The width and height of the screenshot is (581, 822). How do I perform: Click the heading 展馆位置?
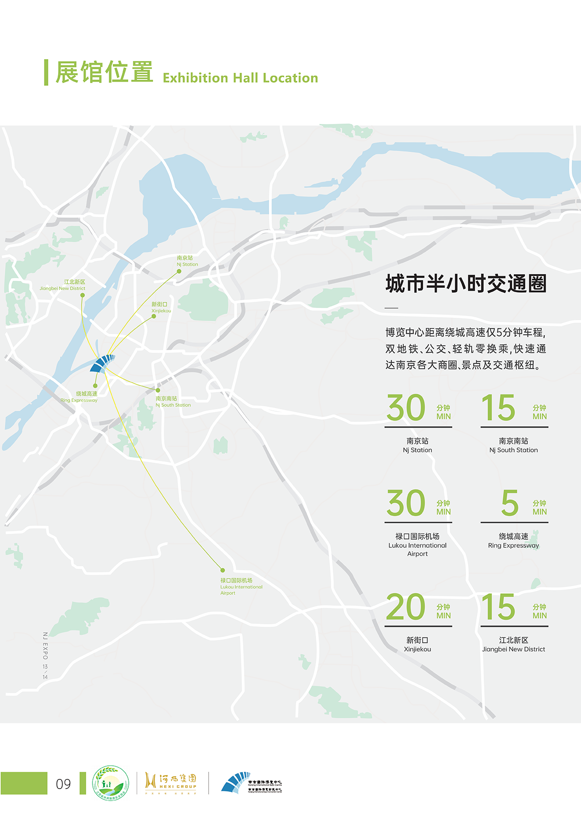click(x=104, y=72)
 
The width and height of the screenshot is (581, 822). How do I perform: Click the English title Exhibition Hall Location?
click(x=240, y=78)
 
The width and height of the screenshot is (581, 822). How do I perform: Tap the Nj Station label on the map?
click(x=187, y=261)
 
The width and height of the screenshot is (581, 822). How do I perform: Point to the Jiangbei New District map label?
click(x=62, y=285)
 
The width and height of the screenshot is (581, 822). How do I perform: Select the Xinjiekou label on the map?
click(x=161, y=308)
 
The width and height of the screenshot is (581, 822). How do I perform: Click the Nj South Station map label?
click(x=173, y=402)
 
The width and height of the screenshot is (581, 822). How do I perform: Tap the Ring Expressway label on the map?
click(x=79, y=397)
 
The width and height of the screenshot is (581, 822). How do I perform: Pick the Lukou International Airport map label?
click(x=241, y=586)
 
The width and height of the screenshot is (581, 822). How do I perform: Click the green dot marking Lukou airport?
click(x=223, y=570)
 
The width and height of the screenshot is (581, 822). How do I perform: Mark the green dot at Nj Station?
click(x=179, y=271)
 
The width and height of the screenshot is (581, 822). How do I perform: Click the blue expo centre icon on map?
click(x=102, y=363)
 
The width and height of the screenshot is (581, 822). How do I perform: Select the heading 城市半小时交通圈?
click(x=466, y=283)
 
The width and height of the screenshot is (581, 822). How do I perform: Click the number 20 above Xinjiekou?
click(x=406, y=607)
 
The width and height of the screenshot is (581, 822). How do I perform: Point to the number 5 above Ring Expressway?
click(x=509, y=503)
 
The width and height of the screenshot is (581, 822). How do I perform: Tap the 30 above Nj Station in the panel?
click(x=406, y=408)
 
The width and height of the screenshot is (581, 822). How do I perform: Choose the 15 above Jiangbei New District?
click(x=498, y=607)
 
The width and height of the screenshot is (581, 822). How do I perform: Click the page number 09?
click(x=63, y=784)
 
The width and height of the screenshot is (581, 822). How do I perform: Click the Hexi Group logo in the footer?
click(x=170, y=783)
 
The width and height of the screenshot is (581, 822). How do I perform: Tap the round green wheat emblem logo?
click(x=110, y=783)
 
